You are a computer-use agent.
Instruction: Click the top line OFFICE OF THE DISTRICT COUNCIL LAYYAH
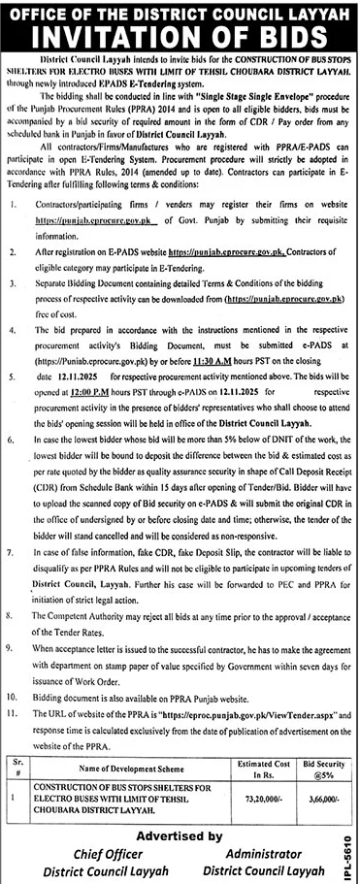(180, 10)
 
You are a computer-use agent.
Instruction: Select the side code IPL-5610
(350, 853)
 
